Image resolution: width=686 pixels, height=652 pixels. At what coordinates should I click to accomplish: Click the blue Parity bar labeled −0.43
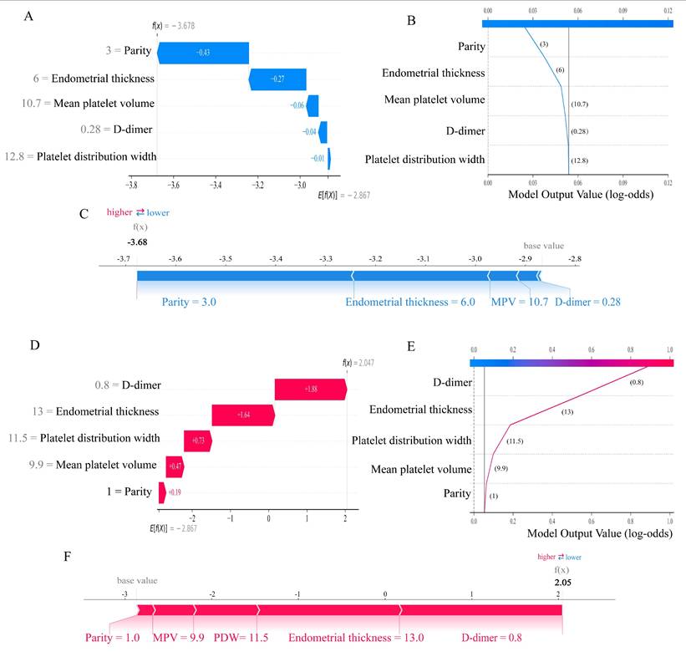pyautogui.click(x=202, y=52)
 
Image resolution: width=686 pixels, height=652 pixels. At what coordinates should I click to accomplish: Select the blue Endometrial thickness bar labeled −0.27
pyautogui.click(x=277, y=79)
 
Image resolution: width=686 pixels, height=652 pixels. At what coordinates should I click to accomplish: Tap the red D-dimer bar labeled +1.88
pyautogui.click(x=310, y=390)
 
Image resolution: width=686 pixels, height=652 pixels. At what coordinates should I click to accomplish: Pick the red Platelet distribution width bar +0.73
pyautogui.click(x=198, y=441)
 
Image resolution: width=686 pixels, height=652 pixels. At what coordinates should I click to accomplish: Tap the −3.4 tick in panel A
pyautogui.click(x=216, y=186)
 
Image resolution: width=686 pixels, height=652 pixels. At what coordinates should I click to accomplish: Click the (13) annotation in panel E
pyautogui.click(x=567, y=412)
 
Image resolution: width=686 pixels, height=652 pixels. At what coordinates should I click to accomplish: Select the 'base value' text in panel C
pyautogui.click(x=543, y=247)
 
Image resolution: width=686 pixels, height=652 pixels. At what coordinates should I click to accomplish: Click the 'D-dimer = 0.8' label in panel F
pyautogui.click(x=487, y=638)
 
